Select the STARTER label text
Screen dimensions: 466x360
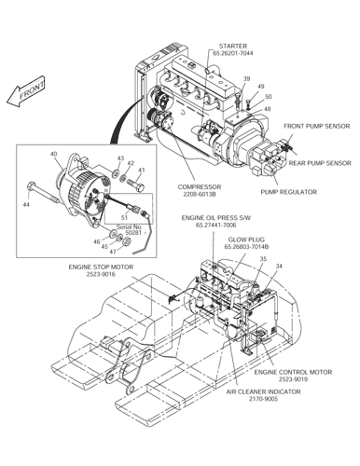pyautogui.click(x=232, y=46)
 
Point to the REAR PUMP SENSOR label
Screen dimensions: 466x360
pyautogui.click(x=320, y=163)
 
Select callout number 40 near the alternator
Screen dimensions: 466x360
pyautogui.click(x=53, y=154)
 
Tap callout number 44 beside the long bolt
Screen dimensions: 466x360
pyautogui.click(x=25, y=203)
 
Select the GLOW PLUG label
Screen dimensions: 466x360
pyautogui.click(x=242, y=240)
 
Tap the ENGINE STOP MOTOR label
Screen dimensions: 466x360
pyautogui.click(x=93, y=269)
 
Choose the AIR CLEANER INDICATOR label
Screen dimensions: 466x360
pyautogui.click(x=265, y=396)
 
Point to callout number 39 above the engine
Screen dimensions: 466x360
pyautogui.click(x=247, y=79)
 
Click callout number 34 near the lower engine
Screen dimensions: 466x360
pyautogui.click(x=277, y=266)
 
